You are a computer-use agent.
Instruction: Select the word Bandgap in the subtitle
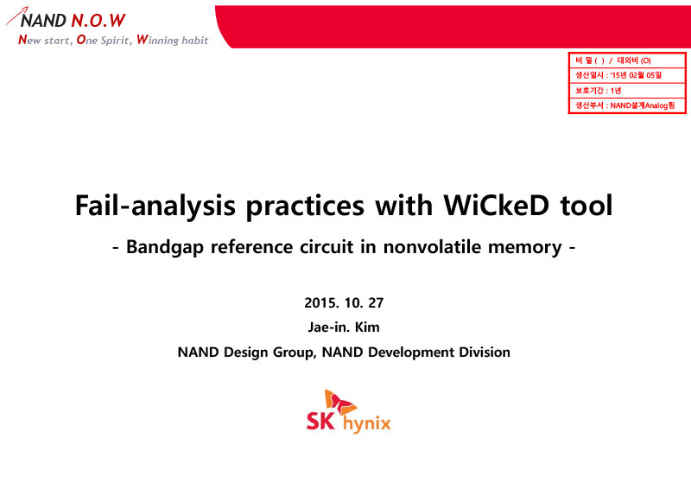point(165,247)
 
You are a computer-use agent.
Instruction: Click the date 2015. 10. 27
point(344,303)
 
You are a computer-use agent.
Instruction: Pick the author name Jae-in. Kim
point(344,327)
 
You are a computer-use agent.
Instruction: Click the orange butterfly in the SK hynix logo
point(339,402)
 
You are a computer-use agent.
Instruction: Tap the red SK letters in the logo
point(320,421)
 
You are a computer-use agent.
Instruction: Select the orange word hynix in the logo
point(366,423)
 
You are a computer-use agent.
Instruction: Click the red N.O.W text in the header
point(98,20)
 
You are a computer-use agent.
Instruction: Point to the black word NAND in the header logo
point(44,20)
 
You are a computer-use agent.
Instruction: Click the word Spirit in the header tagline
point(117,41)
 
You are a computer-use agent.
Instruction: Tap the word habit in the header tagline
point(195,40)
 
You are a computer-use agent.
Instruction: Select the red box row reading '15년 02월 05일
point(627,75)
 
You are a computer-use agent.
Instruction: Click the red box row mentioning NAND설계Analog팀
point(627,105)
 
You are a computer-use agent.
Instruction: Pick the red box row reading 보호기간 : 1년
point(627,91)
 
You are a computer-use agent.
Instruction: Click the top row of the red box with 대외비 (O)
point(627,60)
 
